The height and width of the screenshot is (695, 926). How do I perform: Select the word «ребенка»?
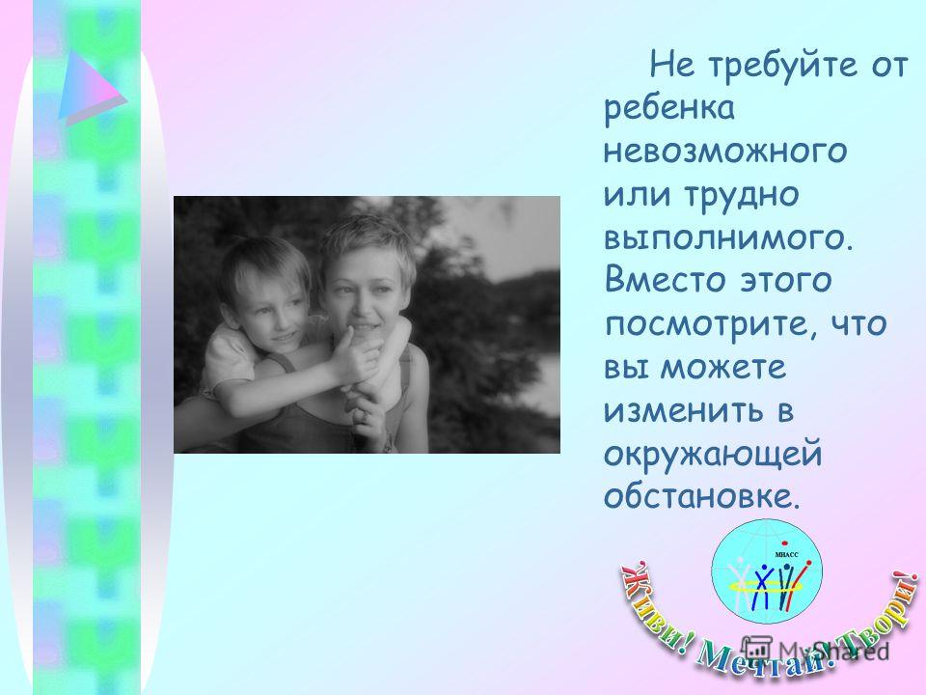(669, 108)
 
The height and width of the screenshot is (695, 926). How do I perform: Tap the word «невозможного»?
(725, 151)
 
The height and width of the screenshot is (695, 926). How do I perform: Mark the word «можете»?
(723, 368)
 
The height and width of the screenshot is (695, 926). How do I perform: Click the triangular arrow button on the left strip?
(93, 88)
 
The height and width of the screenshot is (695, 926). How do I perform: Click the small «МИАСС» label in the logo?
(786, 554)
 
